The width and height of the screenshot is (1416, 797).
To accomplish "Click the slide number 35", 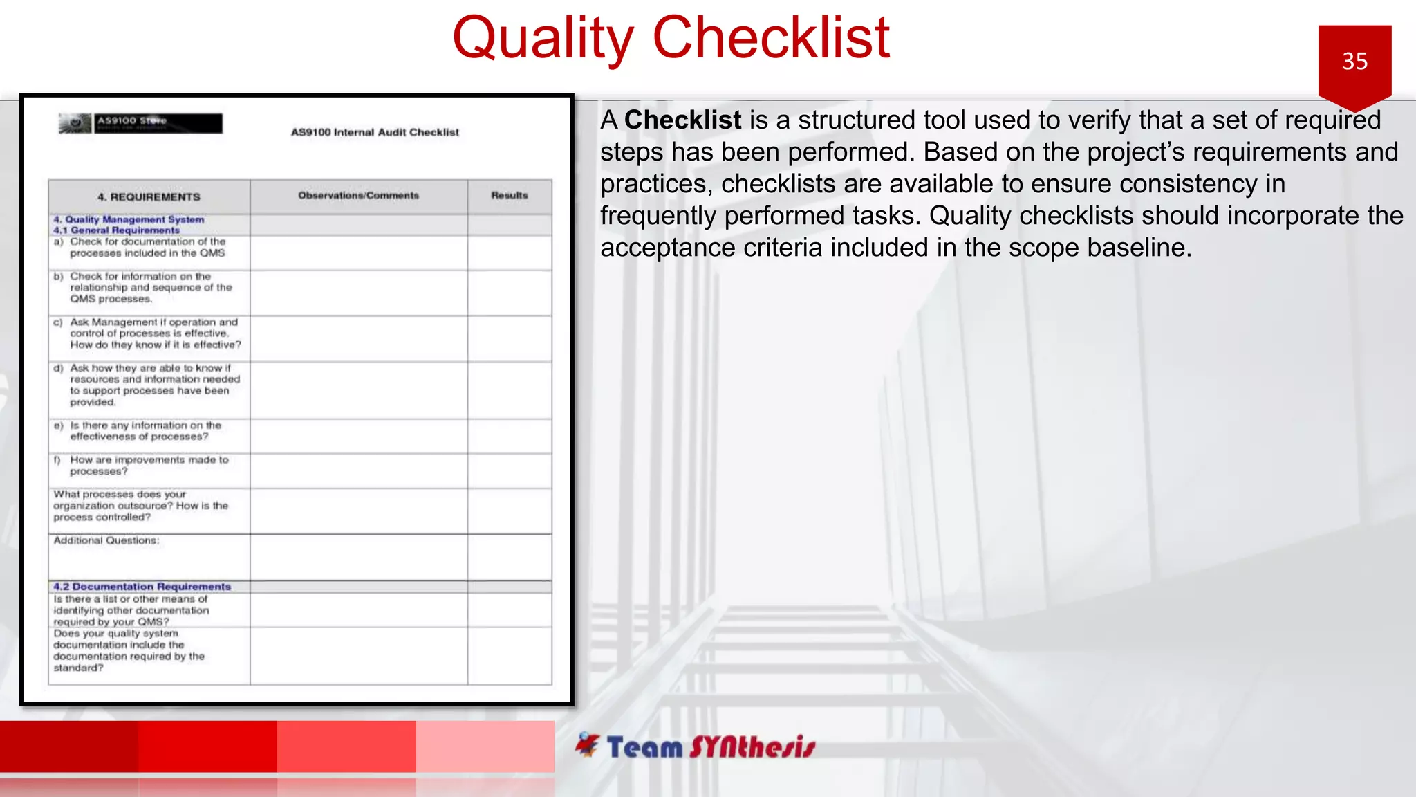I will pyautogui.click(x=1354, y=62).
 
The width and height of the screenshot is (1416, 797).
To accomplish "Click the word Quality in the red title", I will pyautogui.click(x=543, y=38).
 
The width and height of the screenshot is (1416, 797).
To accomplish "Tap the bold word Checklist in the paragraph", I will pyautogui.click(x=682, y=120).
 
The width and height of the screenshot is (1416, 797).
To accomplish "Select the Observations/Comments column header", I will pyautogui.click(x=358, y=196).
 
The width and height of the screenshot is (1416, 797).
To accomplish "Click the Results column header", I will pyautogui.click(x=509, y=196).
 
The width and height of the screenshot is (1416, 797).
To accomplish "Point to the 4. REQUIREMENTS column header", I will pyautogui.click(x=149, y=197).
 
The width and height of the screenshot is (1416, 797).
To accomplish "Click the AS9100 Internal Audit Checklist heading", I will pyautogui.click(x=375, y=132).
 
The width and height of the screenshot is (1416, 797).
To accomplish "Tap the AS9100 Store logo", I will pyautogui.click(x=141, y=123).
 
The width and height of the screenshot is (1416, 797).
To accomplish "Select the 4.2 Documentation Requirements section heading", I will pyautogui.click(x=142, y=587).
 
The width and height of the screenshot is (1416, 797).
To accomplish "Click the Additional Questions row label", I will pyautogui.click(x=106, y=540).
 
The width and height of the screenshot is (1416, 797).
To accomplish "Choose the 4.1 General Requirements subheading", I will pyautogui.click(x=117, y=230).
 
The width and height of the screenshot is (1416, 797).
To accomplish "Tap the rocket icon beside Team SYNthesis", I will pyautogui.click(x=588, y=744).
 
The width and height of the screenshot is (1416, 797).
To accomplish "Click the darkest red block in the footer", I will pyautogui.click(x=69, y=746).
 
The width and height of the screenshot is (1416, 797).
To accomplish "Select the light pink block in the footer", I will pyautogui.click(x=485, y=746).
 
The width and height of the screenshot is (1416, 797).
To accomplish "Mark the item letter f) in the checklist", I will pyautogui.click(x=57, y=460).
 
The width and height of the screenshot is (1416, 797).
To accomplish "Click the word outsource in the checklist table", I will pyautogui.click(x=146, y=506).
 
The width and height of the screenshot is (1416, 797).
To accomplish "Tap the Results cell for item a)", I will pyautogui.click(x=509, y=253).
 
